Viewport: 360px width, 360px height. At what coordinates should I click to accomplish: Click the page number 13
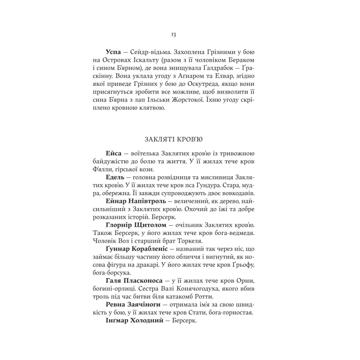click(x=173, y=34)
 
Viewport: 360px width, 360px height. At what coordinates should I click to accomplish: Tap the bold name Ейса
click(x=113, y=154)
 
